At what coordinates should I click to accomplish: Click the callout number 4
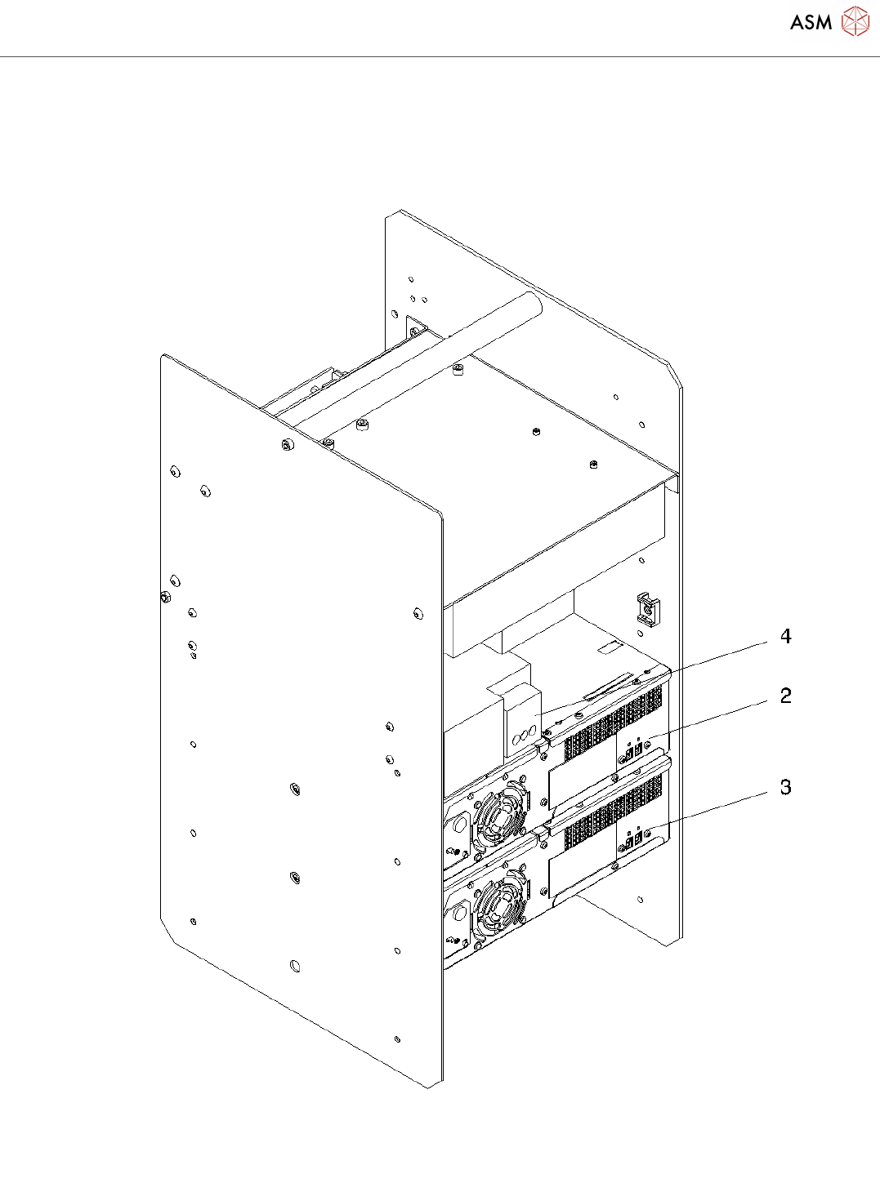coord(785,637)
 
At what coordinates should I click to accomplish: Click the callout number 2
coord(785,696)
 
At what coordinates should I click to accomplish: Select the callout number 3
coord(785,788)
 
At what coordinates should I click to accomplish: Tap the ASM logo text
coord(811,22)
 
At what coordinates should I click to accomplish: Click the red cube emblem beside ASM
coord(855,22)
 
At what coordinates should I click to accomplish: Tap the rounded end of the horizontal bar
coord(531,303)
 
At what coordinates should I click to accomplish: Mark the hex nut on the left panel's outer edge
coord(164,598)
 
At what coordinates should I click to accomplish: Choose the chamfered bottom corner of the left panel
coord(168,931)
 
